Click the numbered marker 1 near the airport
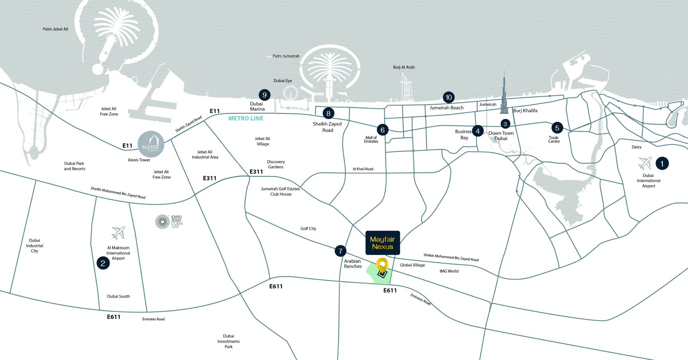click(x=662, y=163)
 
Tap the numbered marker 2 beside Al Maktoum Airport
click(x=103, y=263)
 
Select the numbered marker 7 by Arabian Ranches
click(x=340, y=251)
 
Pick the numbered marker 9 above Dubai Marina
click(x=264, y=95)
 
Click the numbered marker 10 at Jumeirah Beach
click(x=449, y=97)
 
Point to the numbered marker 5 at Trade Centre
click(x=557, y=128)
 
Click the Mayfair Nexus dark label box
click(x=383, y=243)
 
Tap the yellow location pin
click(x=382, y=265)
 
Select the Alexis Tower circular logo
click(x=151, y=144)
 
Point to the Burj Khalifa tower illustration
click(x=504, y=94)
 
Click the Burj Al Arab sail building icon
click(x=406, y=88)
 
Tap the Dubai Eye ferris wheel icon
click(x=290, y=94)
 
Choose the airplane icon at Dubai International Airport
click(x=645, y=163)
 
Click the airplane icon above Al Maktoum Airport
click(x=118, y=233)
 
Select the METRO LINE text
click(x=246, y=118)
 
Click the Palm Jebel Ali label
click(x=55, y=29)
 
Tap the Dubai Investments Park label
click(x=229, y=341)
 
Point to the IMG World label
click(x=449, y=271)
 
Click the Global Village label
click(x=412, y=265)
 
